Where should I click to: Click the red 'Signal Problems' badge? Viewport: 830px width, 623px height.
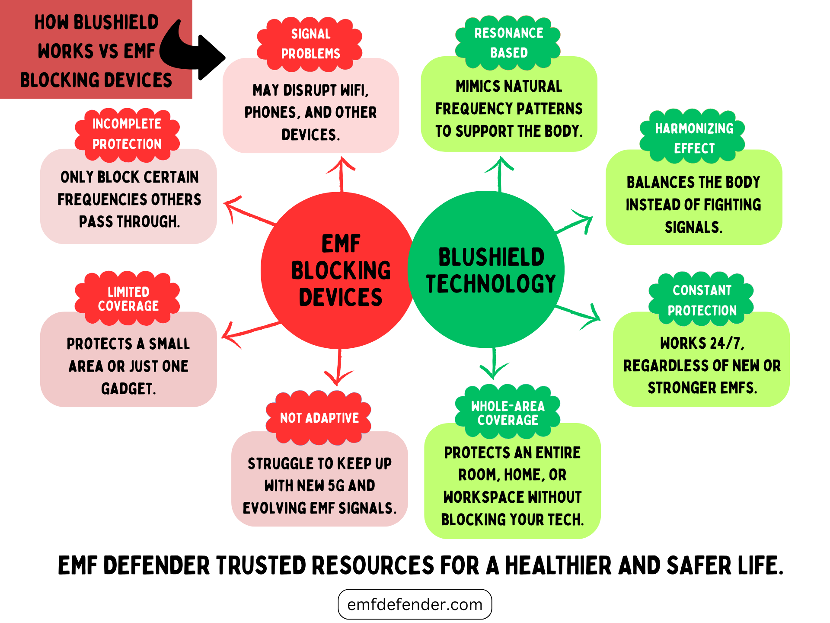pyautogui.click(x=310, y=44)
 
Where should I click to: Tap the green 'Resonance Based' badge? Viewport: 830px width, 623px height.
pyautogui.click(x=508, y=43)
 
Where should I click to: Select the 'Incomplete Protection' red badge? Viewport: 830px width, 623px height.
pyautogui.click(x=127, y=134)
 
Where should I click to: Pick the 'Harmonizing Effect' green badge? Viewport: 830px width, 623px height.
pyautogui.click(x=694, y=138)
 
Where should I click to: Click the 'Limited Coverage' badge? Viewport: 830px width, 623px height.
pyautogui.click(x=128, y=299)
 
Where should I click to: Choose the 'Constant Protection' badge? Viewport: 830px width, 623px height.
pyautogui.click(x=702, y=300)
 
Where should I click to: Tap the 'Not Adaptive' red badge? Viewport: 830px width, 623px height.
pyautogui.click(x=319, y=418)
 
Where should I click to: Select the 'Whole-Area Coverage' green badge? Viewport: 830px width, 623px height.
pyautogui.click(x=508, y=413)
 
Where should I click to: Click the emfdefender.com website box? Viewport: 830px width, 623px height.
pyautogui.click(x=415, y=604)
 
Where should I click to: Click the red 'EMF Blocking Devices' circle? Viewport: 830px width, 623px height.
pyautogui.click(x=337, y=270)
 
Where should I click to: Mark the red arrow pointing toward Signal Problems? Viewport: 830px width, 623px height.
pyautogui.click(x=341, y=173)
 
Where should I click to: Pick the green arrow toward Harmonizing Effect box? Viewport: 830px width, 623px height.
pyautogui.click(x=575, y=222)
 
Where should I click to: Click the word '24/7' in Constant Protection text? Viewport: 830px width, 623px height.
pyautogui.click(x=726, y=343)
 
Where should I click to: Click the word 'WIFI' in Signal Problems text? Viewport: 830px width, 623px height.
pyautogui.click(x=354, y=90)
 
